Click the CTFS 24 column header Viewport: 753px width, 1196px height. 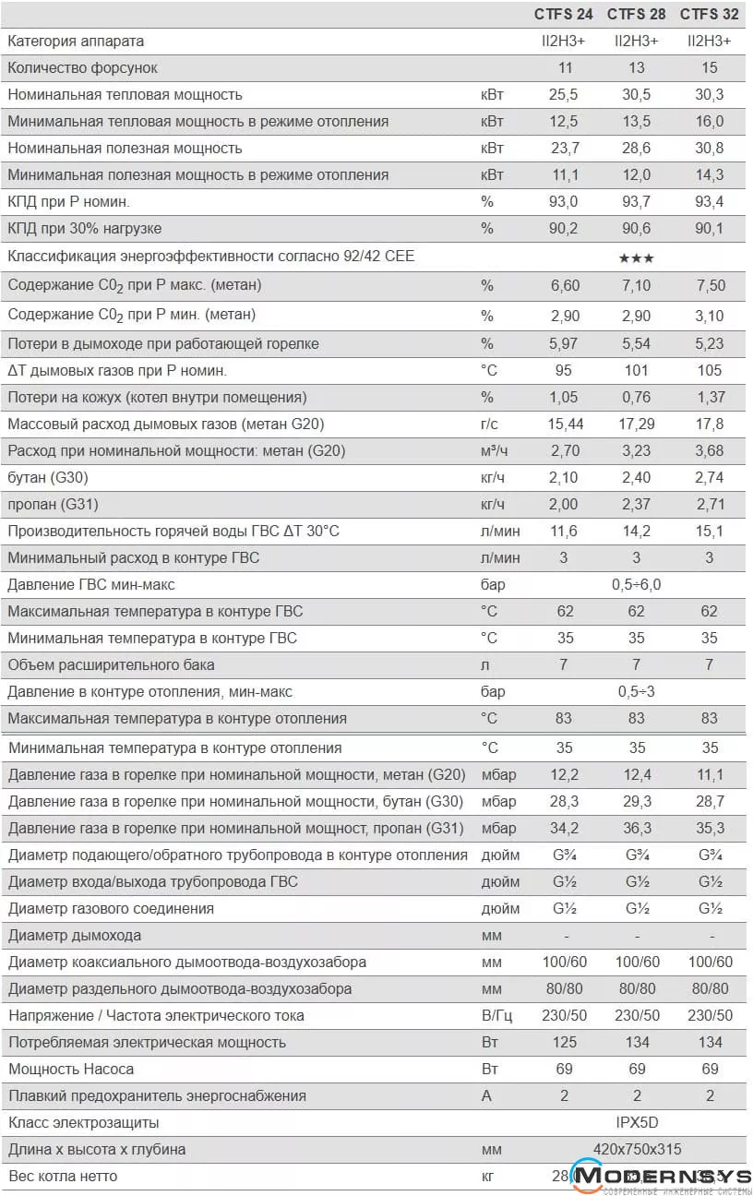tap(565, 14)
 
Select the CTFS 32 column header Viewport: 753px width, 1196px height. tap(710, 14)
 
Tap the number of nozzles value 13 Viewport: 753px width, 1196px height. tap(637, 67)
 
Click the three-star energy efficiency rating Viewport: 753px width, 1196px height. tap(637, 257)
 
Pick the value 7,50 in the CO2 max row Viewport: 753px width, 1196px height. tap(710, 286)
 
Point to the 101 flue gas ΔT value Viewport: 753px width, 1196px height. tap(637, 370)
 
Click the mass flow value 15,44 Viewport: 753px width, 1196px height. tap(565, 424)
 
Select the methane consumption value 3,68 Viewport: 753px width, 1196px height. tap(710, 450)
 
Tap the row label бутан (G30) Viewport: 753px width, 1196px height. tap(48, 477)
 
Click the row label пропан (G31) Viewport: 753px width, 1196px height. tap(53, 504)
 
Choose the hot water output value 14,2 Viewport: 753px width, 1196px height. tap(637, 531)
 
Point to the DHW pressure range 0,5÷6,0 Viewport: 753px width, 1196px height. tap(637, 584)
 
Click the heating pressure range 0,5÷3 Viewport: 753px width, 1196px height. tap(637, 691)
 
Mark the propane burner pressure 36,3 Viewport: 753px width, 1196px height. tap(637, 828)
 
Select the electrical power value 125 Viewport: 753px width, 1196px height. tap(565, 1042)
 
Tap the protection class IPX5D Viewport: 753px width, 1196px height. tap(637, 1122)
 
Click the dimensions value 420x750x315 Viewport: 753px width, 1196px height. tap(637, 1149)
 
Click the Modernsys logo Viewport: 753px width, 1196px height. tap(659, 1177)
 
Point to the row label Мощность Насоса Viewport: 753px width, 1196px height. tap(71, 1069)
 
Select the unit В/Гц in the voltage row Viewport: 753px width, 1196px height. tap(496, 1015)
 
